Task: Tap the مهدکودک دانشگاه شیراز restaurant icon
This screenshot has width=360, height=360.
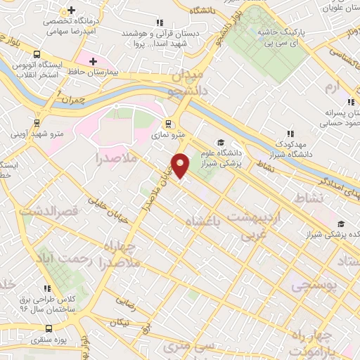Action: pos(289,134)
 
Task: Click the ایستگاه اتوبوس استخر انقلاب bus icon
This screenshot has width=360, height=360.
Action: pos(36,53)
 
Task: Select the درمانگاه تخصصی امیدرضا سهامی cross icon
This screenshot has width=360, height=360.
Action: pos(71,10)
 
